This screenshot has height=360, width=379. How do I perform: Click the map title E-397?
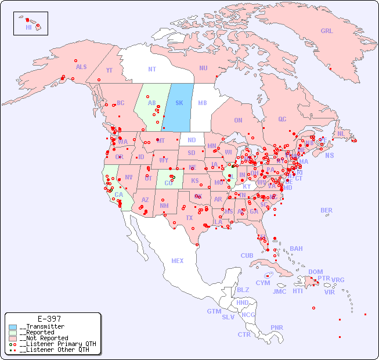pos(49,319)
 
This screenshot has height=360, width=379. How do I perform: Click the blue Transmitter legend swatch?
pos(13,327)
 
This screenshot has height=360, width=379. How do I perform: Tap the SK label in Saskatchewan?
pos(179,103)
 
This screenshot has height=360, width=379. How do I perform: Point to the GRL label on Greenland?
pos(327,31)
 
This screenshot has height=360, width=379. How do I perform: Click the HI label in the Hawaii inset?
pos(28,27)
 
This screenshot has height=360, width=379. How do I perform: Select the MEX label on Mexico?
pos(177,261)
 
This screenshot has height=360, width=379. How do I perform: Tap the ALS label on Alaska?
pos(81,67)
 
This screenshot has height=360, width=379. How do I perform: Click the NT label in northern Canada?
pos(152,69)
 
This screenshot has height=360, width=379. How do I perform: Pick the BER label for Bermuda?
pos(326,210)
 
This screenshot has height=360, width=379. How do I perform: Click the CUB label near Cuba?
pos(247,255)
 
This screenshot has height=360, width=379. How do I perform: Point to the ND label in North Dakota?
pos(192,140)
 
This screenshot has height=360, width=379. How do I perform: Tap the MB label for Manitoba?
pos(203,103)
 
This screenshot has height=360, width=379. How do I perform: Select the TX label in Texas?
pos(189,218)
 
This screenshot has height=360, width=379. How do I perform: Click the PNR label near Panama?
pos(277,327)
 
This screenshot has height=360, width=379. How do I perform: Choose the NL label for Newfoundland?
pos(341,134)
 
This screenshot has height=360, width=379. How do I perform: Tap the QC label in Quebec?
pos(282,119)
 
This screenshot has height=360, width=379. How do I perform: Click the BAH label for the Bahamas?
pos(296,249)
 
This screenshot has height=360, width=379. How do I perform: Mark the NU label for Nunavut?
pos(203,68)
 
